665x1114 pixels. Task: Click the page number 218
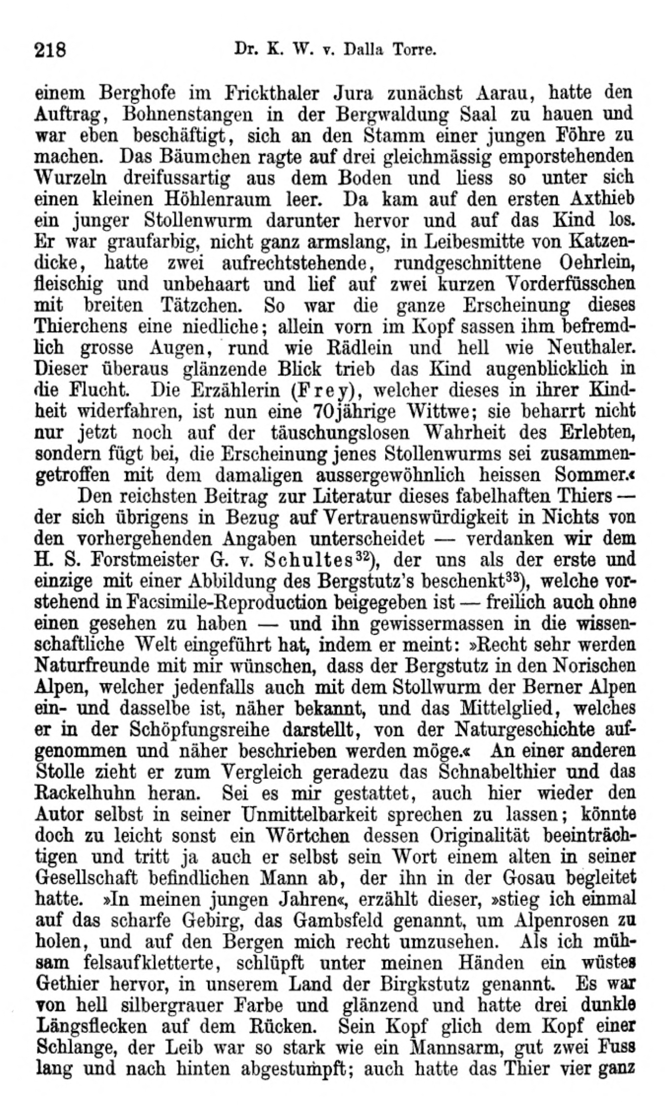click(50, 50)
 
